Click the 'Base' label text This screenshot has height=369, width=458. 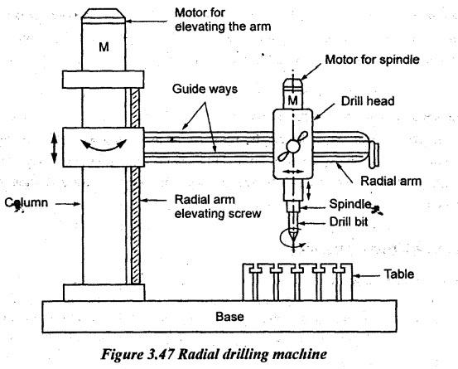click(229, 317)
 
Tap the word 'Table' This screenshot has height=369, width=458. click(398, 274)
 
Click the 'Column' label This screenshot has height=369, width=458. click(27, 202)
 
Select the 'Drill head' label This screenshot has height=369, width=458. click(368, 101)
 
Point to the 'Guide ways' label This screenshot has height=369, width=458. click(205, 89)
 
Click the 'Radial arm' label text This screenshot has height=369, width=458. click(391, 181)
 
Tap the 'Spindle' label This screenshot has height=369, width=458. click(350, 204)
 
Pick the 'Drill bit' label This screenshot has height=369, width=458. click(349, 221)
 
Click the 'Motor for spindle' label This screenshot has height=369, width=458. click(373, 60)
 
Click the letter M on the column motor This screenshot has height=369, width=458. click(104, 46)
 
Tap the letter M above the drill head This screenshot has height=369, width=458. click(292, 100)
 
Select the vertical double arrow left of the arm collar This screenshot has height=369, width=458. click(54, 148)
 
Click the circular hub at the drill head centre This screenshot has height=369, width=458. click(293, 146)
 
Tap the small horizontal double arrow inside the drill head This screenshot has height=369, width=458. click(292, 172)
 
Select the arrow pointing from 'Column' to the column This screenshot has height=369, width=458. click(68, 204)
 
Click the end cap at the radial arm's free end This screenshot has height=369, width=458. click(374, 155)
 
